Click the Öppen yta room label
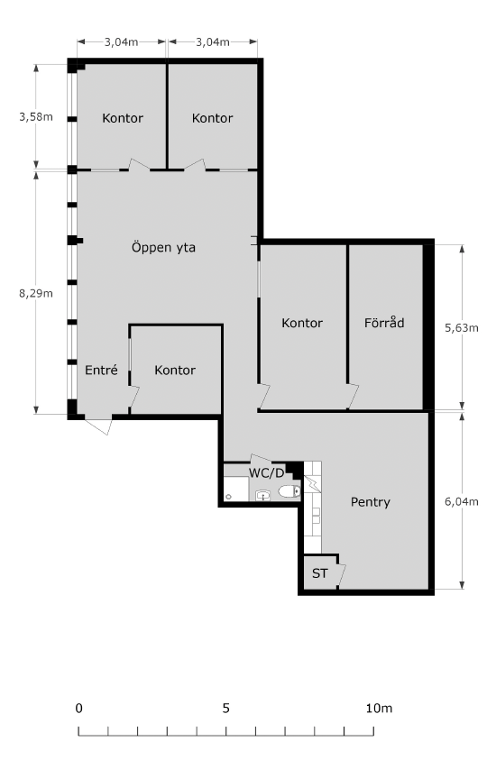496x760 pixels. (x=163, y=248)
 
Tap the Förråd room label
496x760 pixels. (x=384, y=323)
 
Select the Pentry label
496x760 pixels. (x=371, y=502)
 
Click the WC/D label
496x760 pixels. (x=266, y=472)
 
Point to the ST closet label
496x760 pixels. (x=319, y=573)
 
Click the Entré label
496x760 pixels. (x=101, y=371)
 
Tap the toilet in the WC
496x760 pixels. (x=289, y=491)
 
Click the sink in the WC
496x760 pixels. (x=262, y=495)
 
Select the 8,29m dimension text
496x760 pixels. (x=36, y=293)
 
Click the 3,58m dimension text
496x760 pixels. (x=36, y=117)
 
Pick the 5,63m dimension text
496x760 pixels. (x=462, y=328)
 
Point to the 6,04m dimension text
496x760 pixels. (x=462, y=501)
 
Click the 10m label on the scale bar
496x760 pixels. (x=379, y=709)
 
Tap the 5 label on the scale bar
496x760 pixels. (x=226, y=709)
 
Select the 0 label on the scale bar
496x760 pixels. (x=79, y=709)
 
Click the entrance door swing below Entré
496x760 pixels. (x=98, y=425)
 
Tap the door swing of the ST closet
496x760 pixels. (x=341, y=575)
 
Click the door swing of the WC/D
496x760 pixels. (x=261, y=460)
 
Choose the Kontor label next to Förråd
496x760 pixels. (x=302, y=323)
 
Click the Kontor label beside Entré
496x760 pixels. (x=175, y=371)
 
